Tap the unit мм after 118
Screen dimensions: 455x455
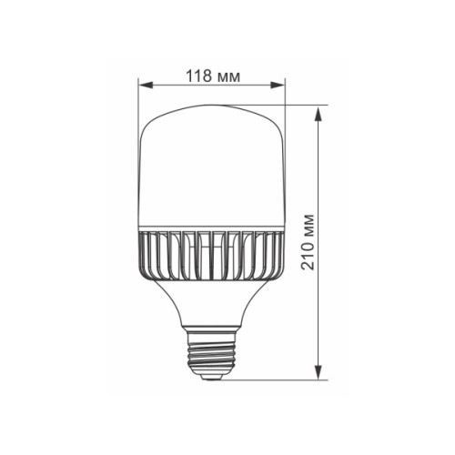[229, 76]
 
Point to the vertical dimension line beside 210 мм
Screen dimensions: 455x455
[318, 182]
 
